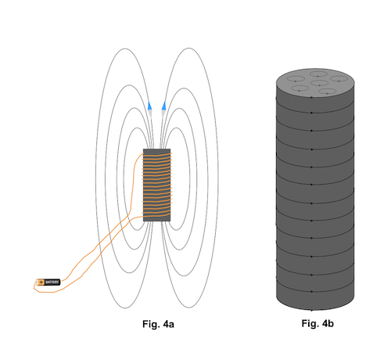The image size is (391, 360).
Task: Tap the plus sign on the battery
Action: [41, 282]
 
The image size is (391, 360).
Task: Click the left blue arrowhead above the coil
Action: [149, 103]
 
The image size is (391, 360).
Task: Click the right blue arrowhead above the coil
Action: [163, 103]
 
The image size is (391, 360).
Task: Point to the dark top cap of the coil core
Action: [156, 151]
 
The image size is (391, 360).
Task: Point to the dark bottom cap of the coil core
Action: [156, 218]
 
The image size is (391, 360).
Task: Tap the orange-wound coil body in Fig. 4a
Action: [156, 185]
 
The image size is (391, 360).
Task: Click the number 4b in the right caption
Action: [327, 323]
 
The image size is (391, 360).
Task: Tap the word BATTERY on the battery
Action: [52, 282]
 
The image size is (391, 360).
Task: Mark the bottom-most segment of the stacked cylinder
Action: [316, 301]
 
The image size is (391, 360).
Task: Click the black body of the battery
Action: [52, 282]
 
